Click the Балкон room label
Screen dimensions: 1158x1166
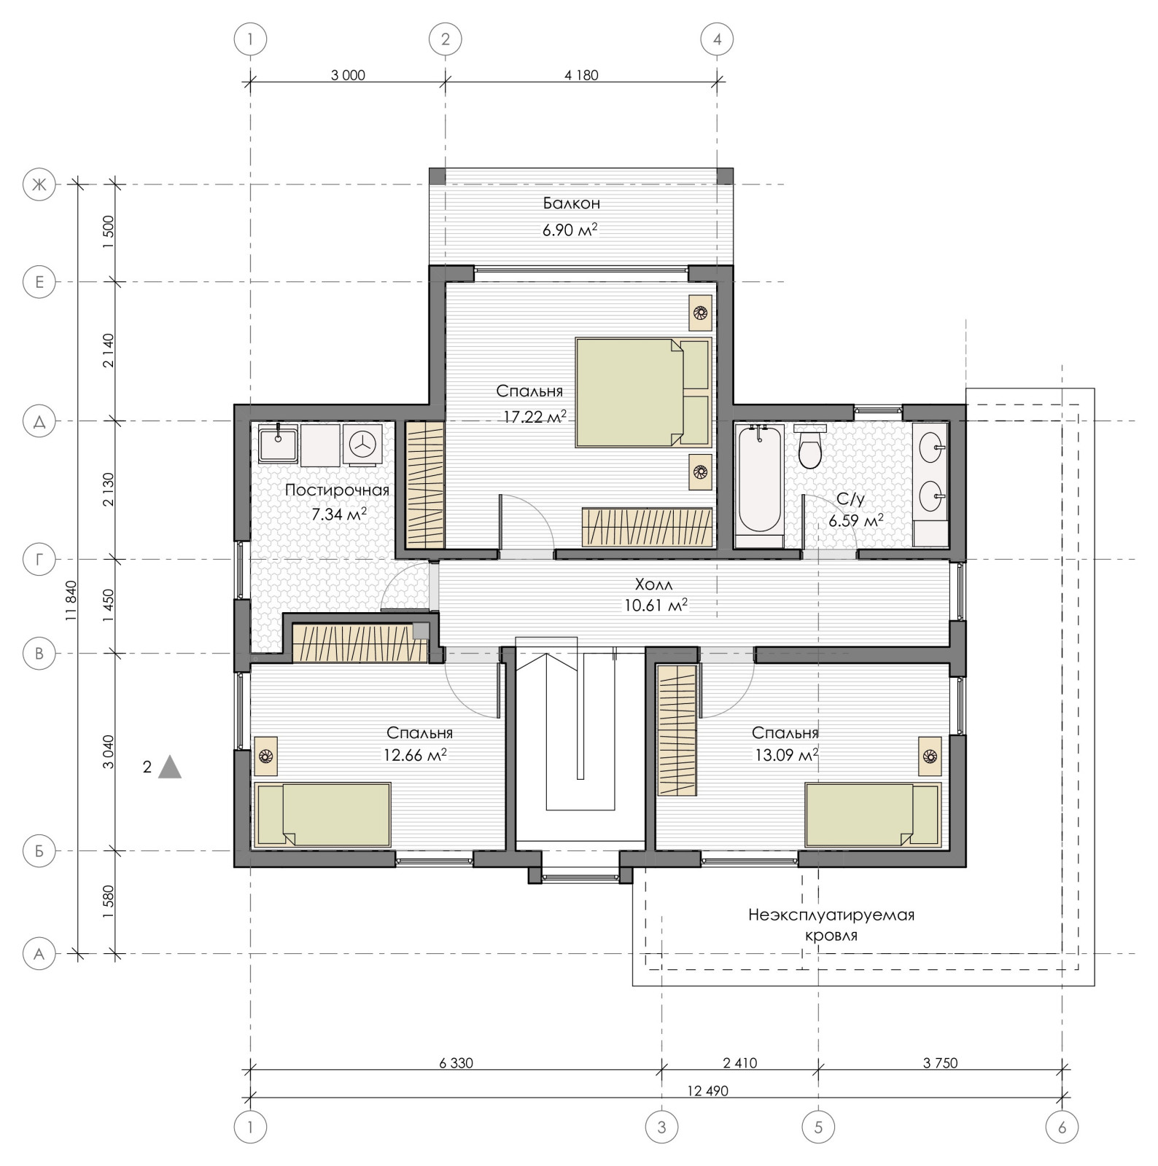[571, 203]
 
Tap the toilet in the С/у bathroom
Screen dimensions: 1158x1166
[810, 447]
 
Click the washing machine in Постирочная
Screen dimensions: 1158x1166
[362, 444]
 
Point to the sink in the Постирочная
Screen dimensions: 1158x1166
[276, 444]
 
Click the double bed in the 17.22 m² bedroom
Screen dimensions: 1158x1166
[642, 391]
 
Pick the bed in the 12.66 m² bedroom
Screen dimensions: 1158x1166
[323, 814]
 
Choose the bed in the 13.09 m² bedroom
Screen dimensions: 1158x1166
[873, 814]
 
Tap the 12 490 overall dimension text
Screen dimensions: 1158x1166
[707, 1091]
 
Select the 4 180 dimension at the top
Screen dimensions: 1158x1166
[581, 75]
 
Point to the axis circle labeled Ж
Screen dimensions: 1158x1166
[40, 185]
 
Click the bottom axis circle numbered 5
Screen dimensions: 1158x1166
[818, 1127]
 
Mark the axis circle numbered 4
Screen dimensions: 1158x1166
[717, 39]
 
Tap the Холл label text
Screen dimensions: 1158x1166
[653, 584]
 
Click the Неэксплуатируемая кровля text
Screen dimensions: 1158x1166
[831, 925]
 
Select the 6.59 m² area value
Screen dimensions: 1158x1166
[855, 521]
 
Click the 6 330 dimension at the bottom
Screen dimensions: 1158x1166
[456, 1063]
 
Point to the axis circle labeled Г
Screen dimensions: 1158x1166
[40, 560]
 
